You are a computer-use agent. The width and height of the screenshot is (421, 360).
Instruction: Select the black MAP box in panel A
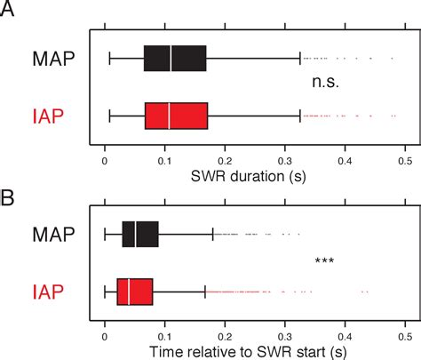coord(175,59)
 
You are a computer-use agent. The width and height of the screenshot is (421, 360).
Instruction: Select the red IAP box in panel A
coord(176,116)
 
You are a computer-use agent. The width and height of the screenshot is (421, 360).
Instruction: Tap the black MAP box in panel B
coord(140,234)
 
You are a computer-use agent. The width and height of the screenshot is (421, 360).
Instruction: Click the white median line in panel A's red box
coord(170,116)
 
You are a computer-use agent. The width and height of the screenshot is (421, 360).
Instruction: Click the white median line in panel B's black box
coord(136,234)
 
